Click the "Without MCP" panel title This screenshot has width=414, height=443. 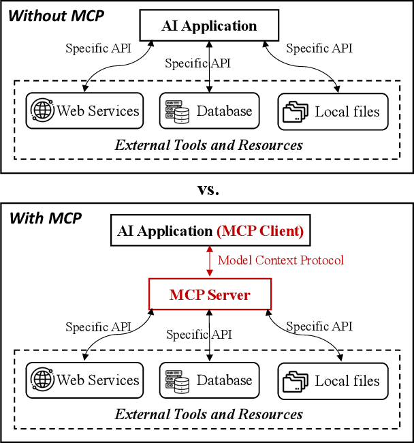point(57,15)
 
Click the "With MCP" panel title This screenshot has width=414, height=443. point(45,218)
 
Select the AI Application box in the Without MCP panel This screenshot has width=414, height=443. point(209,27)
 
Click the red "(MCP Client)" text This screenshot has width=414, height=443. point(260,231)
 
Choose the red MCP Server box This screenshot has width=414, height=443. point(210,295)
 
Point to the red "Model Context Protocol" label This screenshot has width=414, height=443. point(281,260)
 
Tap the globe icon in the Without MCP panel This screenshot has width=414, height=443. point(42,110)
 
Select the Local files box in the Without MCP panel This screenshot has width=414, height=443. point(333,111)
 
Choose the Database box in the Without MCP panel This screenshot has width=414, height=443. point(209,111)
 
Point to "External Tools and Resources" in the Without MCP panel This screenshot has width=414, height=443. point(208,144)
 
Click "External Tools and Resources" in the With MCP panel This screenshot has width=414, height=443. point(208,414)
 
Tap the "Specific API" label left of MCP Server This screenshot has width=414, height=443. point(98,326)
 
